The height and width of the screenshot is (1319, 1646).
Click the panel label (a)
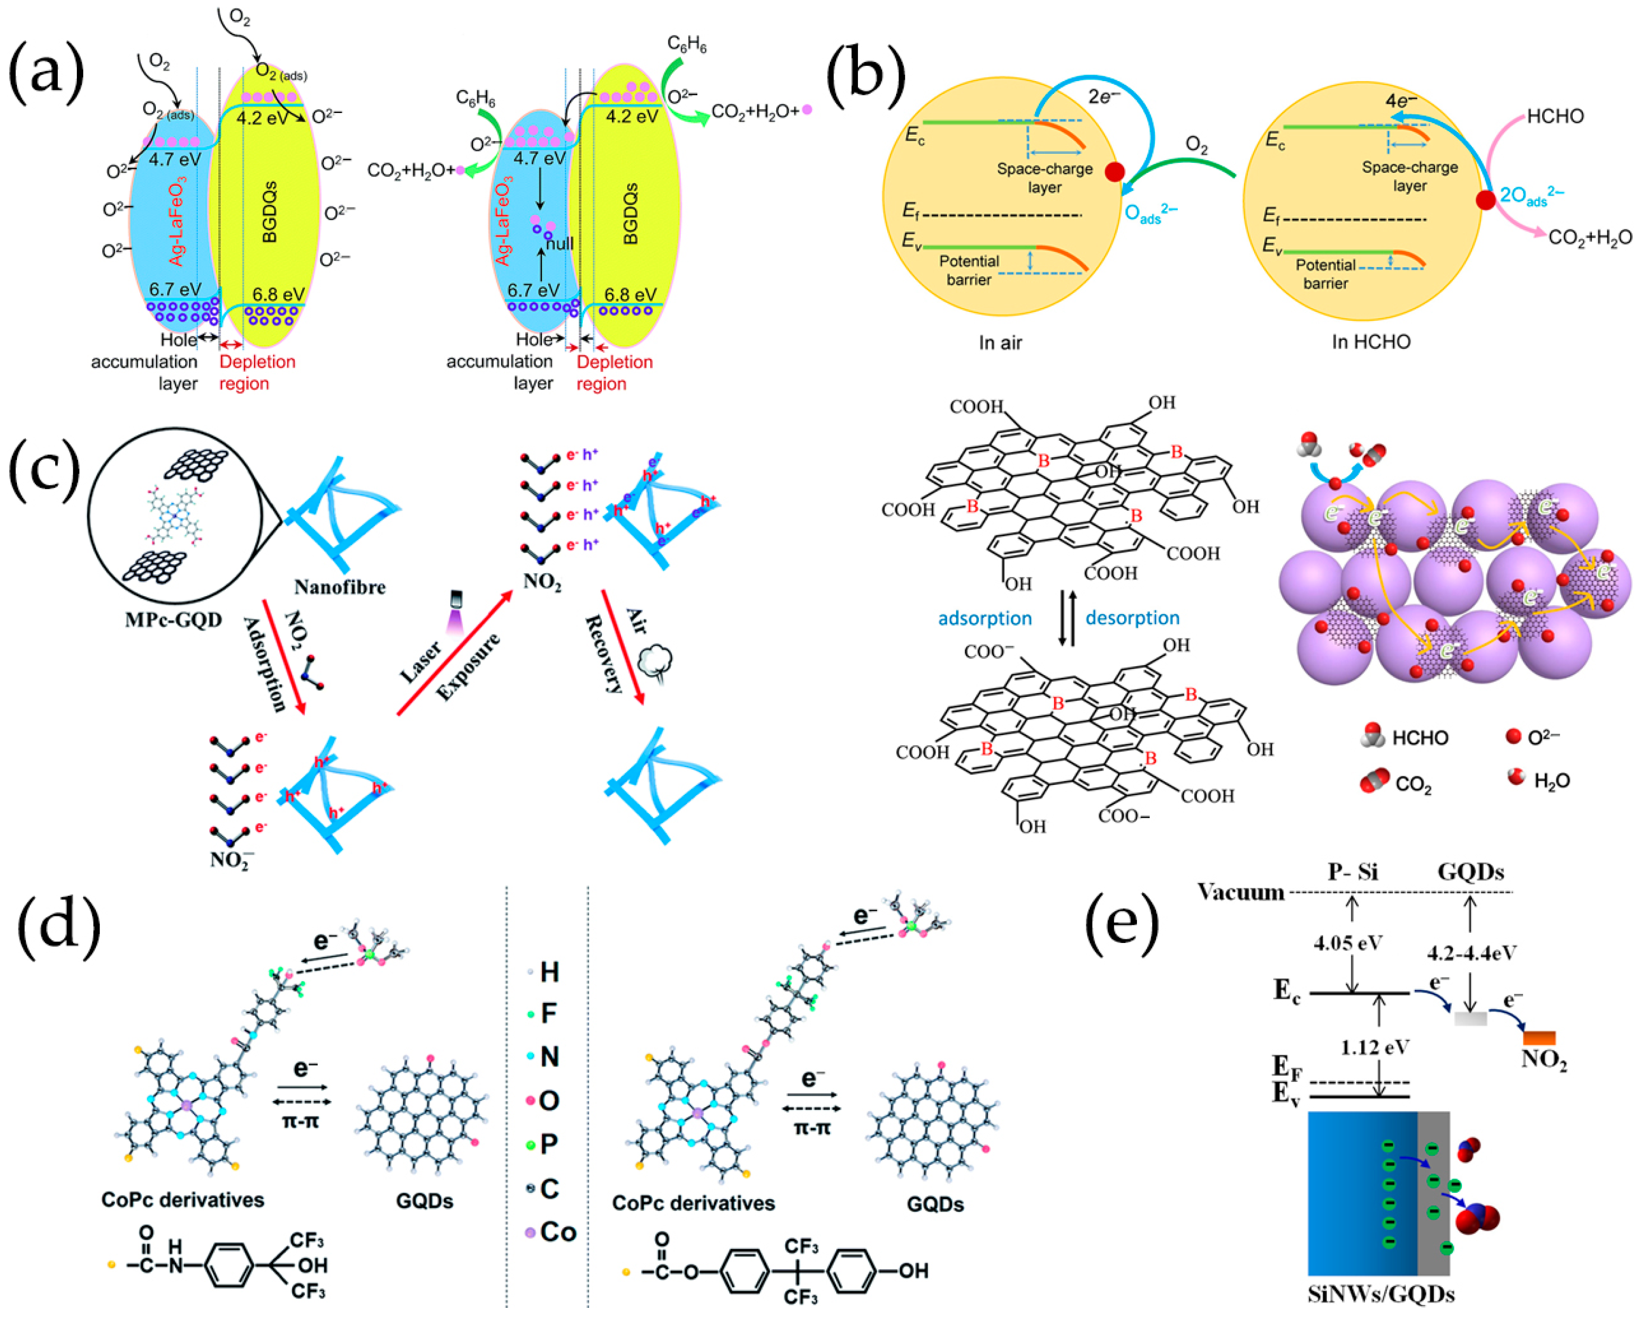click(x=46, y=74)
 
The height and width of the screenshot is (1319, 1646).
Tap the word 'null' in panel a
click(x=559, y=243)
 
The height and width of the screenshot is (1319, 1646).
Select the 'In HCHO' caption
click(x=1371, y=342)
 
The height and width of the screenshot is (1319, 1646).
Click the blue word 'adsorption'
click(x=984, y=618)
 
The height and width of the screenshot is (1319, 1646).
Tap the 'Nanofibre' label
click(x=340, y=587)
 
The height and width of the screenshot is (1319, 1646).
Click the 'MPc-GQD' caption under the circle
click(x=173, y=620)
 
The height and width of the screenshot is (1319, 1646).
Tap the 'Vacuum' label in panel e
click(x=1241, y=892)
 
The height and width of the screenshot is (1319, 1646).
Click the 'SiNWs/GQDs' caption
click(x=1381, y=1295)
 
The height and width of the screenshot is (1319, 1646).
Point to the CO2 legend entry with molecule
click(x=1401, y=784)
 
